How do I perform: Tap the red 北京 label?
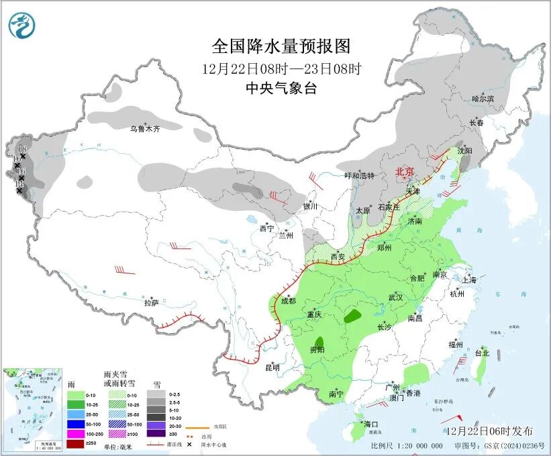tap(405, 171)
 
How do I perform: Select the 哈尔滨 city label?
tap(483, 98)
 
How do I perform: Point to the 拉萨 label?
tap(151, 303)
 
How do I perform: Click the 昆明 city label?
tap(272, 367)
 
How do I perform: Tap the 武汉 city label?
tap(395, 297)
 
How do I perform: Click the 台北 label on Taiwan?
tap(482, 353)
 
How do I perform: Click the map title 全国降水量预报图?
tap(281, 46)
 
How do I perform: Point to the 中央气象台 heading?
tap(281, 88)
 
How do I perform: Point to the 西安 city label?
tap(338, 257)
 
